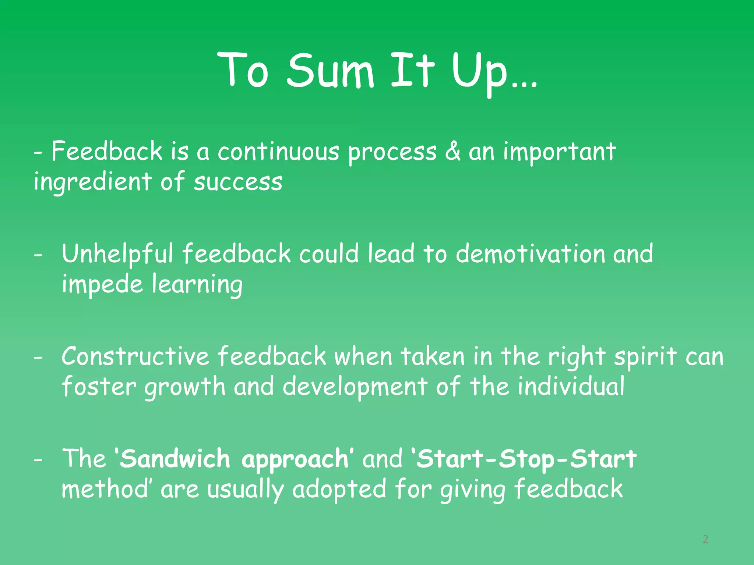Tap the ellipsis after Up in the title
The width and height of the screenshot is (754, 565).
pyautogui.click(x=524, y=84)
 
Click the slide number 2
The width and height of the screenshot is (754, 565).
pyautogui.click(x=705, y=539)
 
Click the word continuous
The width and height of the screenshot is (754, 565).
pyautogui.click(x=278, y=152)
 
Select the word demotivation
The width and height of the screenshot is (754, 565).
pyautogui.click(x=531, y=254)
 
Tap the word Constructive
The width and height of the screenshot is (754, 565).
pyautogui.click(x=135, y=356)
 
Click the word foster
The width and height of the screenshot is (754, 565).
pyautogui.click(x=99, y=387)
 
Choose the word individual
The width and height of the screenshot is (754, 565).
pyautogui.click(x=571, y=386)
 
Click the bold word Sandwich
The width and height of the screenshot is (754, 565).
pyautogui.click(x=175, y=459)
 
